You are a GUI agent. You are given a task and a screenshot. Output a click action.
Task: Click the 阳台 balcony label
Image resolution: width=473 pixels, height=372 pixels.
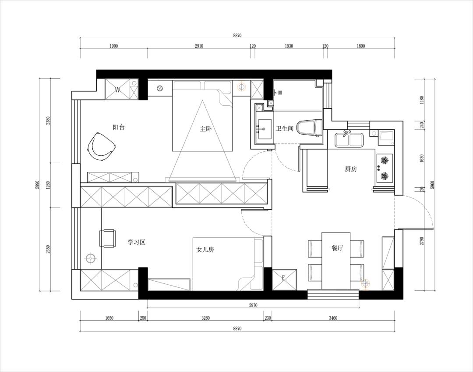[x=119, y=127]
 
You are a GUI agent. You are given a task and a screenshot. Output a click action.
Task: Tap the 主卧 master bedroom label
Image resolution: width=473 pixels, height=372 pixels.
[x=206, y=129]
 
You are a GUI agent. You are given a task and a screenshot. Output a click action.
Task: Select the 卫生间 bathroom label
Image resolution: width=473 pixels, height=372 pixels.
[x=285, y=129]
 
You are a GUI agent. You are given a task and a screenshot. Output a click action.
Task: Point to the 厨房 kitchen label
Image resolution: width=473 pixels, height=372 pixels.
[x=351, y=169]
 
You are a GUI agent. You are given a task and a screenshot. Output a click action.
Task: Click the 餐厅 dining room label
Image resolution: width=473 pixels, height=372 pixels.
[x=337, y=248]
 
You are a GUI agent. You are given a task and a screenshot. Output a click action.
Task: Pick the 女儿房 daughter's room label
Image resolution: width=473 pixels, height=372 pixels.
[x=205, y=250]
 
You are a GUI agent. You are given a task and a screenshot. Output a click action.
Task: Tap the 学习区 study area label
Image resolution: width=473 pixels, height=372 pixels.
[x=136, y=242]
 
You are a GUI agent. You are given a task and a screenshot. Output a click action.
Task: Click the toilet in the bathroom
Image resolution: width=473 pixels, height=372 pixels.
[x=310, y=128]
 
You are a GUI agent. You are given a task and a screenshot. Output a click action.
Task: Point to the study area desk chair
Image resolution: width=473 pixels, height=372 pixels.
[x=107, y=239]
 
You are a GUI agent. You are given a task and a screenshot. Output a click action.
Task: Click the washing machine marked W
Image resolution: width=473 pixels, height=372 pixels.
[x=118, y=89]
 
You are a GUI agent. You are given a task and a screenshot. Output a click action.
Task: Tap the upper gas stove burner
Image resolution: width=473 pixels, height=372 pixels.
[x=385, y=160]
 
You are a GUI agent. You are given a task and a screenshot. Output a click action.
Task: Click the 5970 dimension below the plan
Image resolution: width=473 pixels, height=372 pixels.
[x=253, y=305]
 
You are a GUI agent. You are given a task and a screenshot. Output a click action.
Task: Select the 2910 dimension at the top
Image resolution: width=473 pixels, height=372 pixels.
[x=199, y=46]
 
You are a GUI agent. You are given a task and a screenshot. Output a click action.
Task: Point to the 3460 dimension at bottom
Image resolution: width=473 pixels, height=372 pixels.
[x=333, y=318]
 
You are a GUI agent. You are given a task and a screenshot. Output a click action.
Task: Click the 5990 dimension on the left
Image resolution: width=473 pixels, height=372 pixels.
[x=37, y=185]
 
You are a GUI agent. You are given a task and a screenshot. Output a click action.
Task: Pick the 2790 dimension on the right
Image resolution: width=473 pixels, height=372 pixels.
[x=422, y=241]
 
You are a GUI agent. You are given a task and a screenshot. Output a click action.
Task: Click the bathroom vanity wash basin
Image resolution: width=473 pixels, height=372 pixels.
[x=265, y=129]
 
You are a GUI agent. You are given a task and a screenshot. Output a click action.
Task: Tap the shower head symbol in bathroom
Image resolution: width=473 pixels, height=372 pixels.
[x=279, y=92]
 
